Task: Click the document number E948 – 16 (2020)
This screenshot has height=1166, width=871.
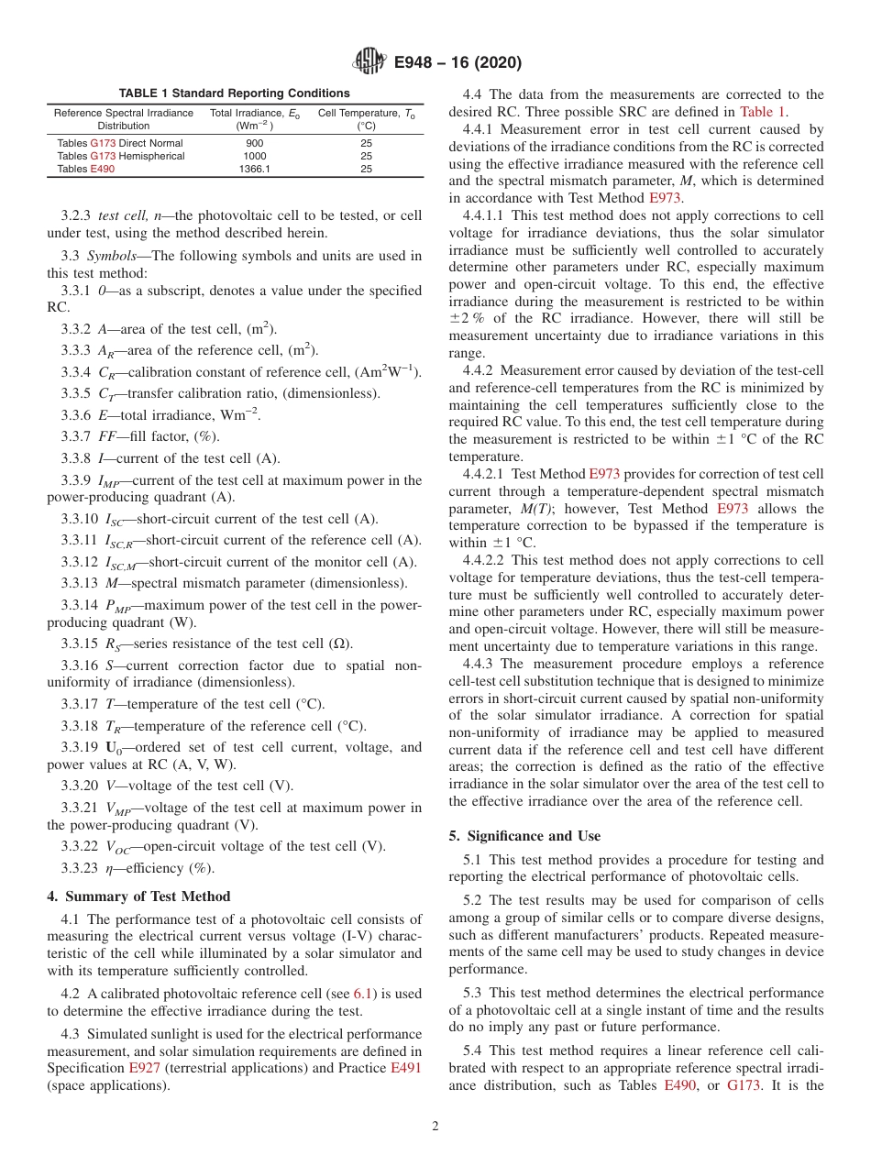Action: [458, 62]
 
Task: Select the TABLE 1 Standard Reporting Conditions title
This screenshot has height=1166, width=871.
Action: [234, 93]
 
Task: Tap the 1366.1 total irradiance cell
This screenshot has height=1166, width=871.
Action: [255, 169]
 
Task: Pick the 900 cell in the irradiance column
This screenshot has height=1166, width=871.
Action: [255, 143]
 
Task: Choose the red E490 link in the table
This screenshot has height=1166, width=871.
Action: [103, 169]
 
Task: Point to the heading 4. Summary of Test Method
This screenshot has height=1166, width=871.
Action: [138, 896]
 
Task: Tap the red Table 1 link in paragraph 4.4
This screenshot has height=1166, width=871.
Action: [763, 111]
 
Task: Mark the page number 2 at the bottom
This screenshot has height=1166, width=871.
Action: [435, 1127]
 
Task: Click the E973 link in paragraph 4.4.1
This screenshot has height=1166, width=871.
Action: [666, 197]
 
